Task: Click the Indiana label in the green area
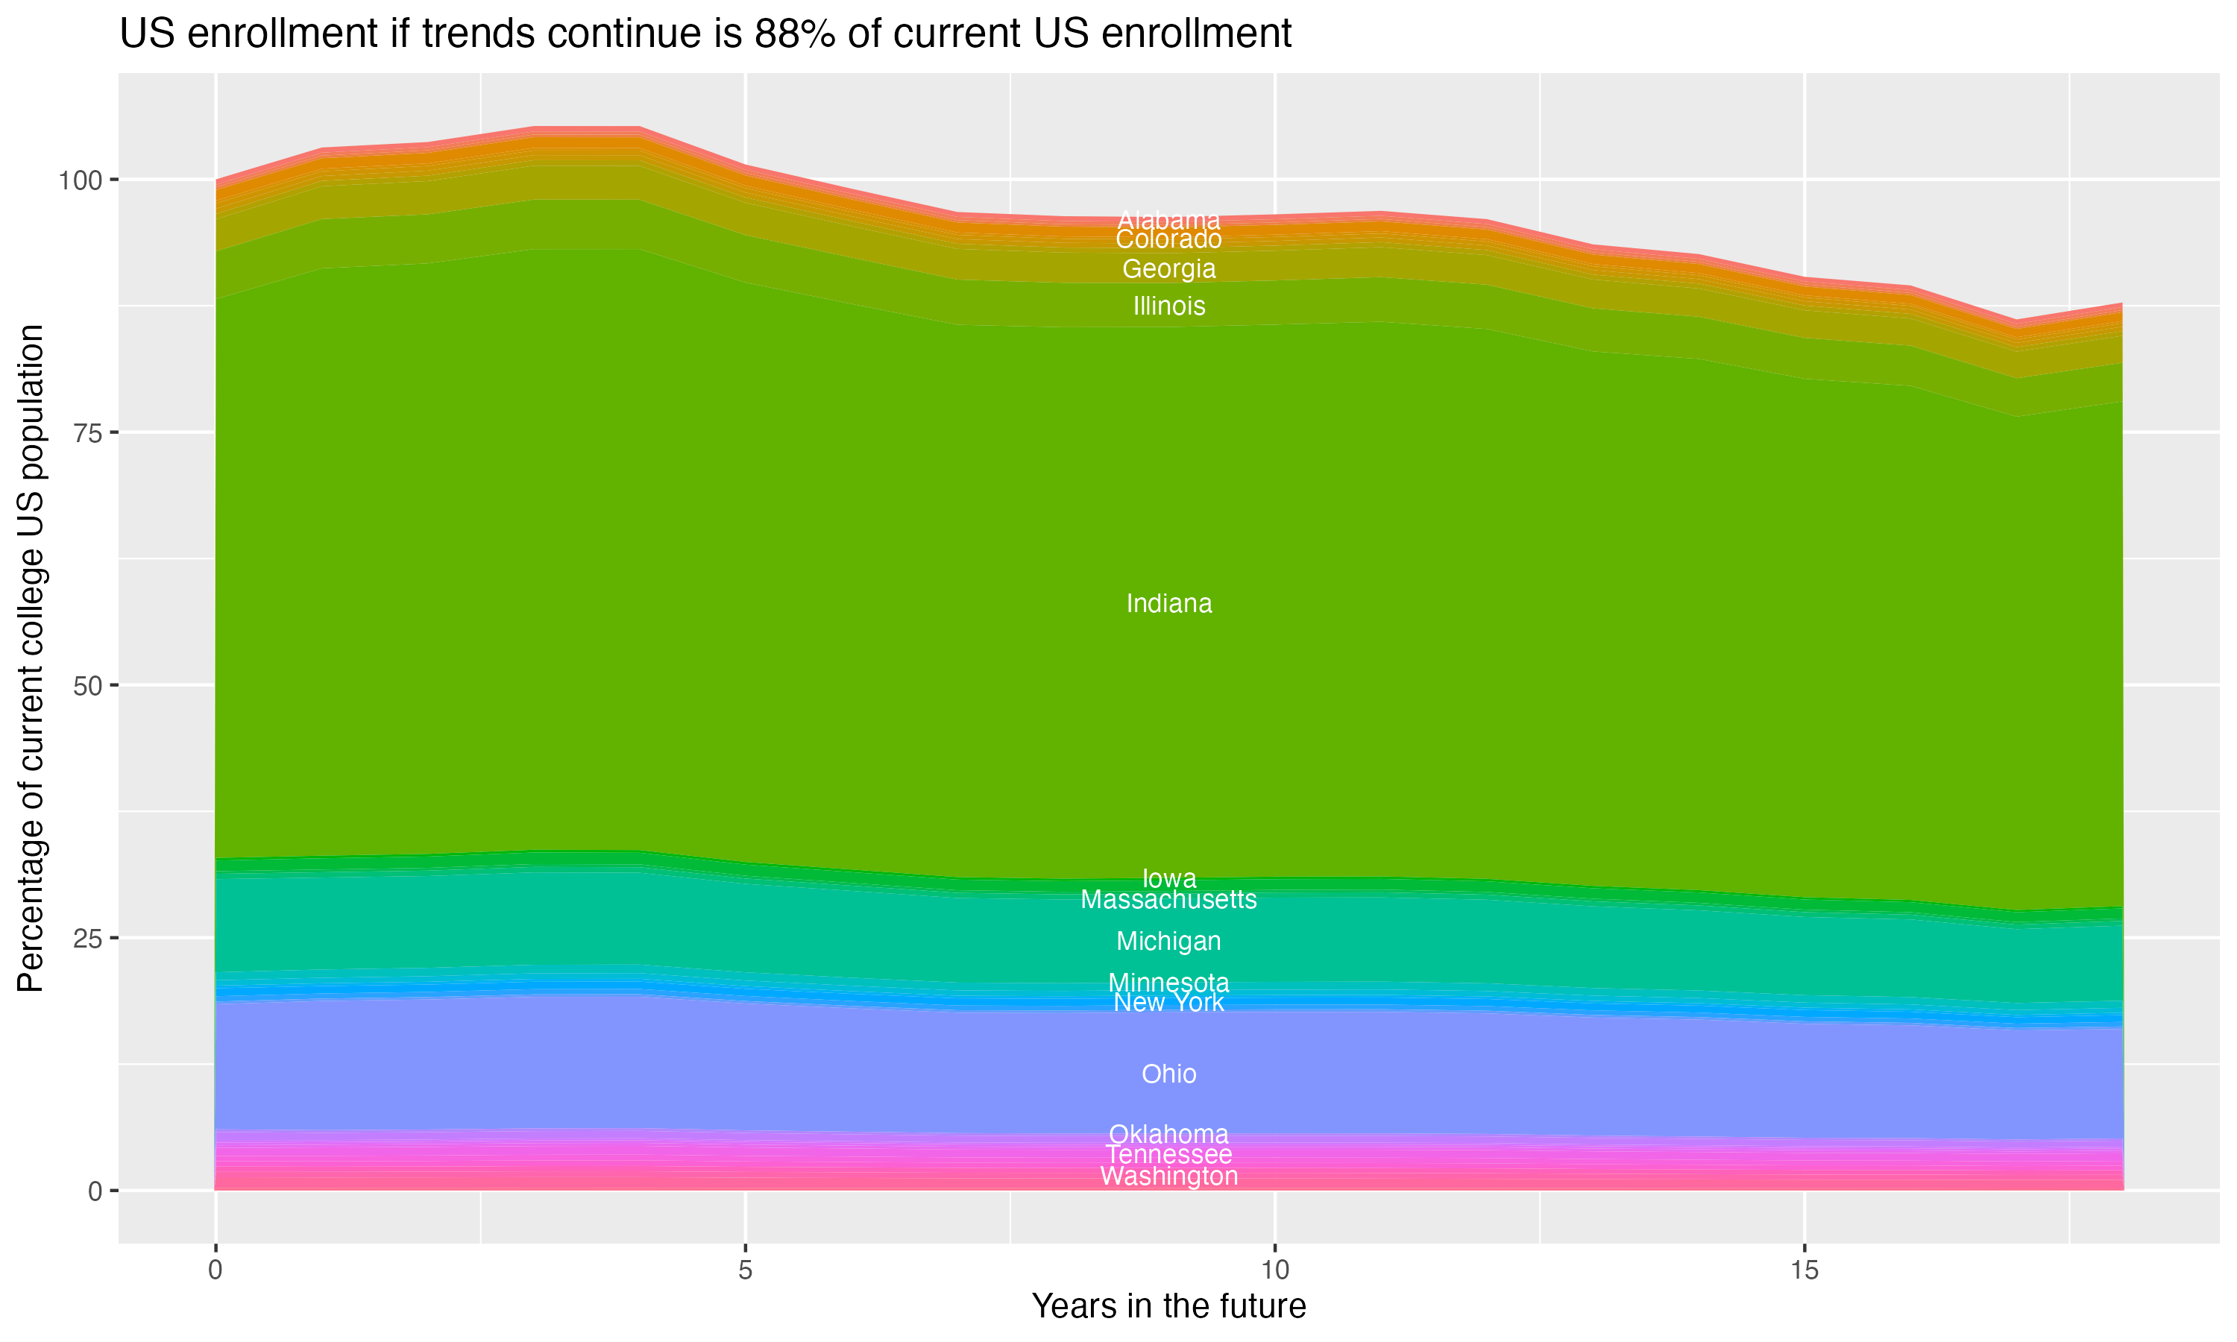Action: point(1168,603)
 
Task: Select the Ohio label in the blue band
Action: point(1168,1074)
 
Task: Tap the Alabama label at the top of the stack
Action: point(1168,220)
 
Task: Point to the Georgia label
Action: point(1168,268)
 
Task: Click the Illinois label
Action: point(1168,306)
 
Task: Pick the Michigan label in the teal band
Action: point(1168,942)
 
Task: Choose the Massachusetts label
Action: point(1168,900)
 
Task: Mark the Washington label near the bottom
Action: point(1168,1176)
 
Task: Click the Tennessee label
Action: point(1168,1155)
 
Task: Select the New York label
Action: point(1168,1003)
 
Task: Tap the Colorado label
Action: point(1168,239)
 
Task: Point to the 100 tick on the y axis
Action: point(81,180)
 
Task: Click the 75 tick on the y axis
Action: point(86,432)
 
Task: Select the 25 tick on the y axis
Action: point(86,938)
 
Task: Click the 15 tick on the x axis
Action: point(1804,1270)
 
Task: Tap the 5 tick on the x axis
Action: point(745,1270)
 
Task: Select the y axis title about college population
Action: point(31,658)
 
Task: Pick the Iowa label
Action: point(1168,878)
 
